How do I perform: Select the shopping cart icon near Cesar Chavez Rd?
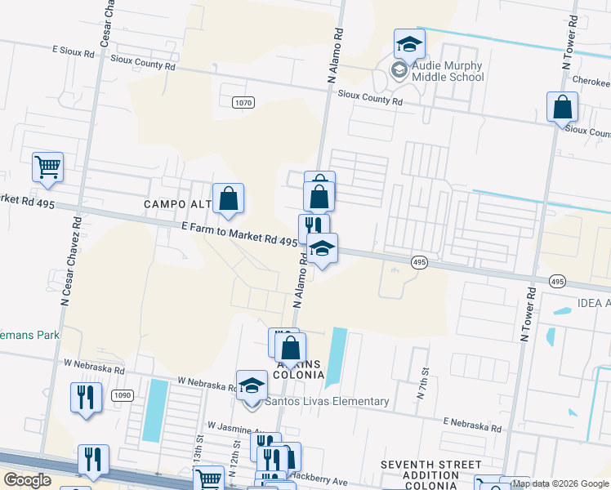pos(47,167)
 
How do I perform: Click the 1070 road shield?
pos(243,102)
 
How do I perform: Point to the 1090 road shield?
pos(122,395)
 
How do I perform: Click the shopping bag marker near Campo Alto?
pos(230,198)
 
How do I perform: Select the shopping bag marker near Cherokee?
pos(562,107)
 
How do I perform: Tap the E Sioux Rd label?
pos(74,51)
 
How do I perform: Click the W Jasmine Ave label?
pos(238,426)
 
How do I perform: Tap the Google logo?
pos(28,480)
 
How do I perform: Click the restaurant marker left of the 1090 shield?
pos(86,397)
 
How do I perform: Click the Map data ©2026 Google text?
pos(560,483)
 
